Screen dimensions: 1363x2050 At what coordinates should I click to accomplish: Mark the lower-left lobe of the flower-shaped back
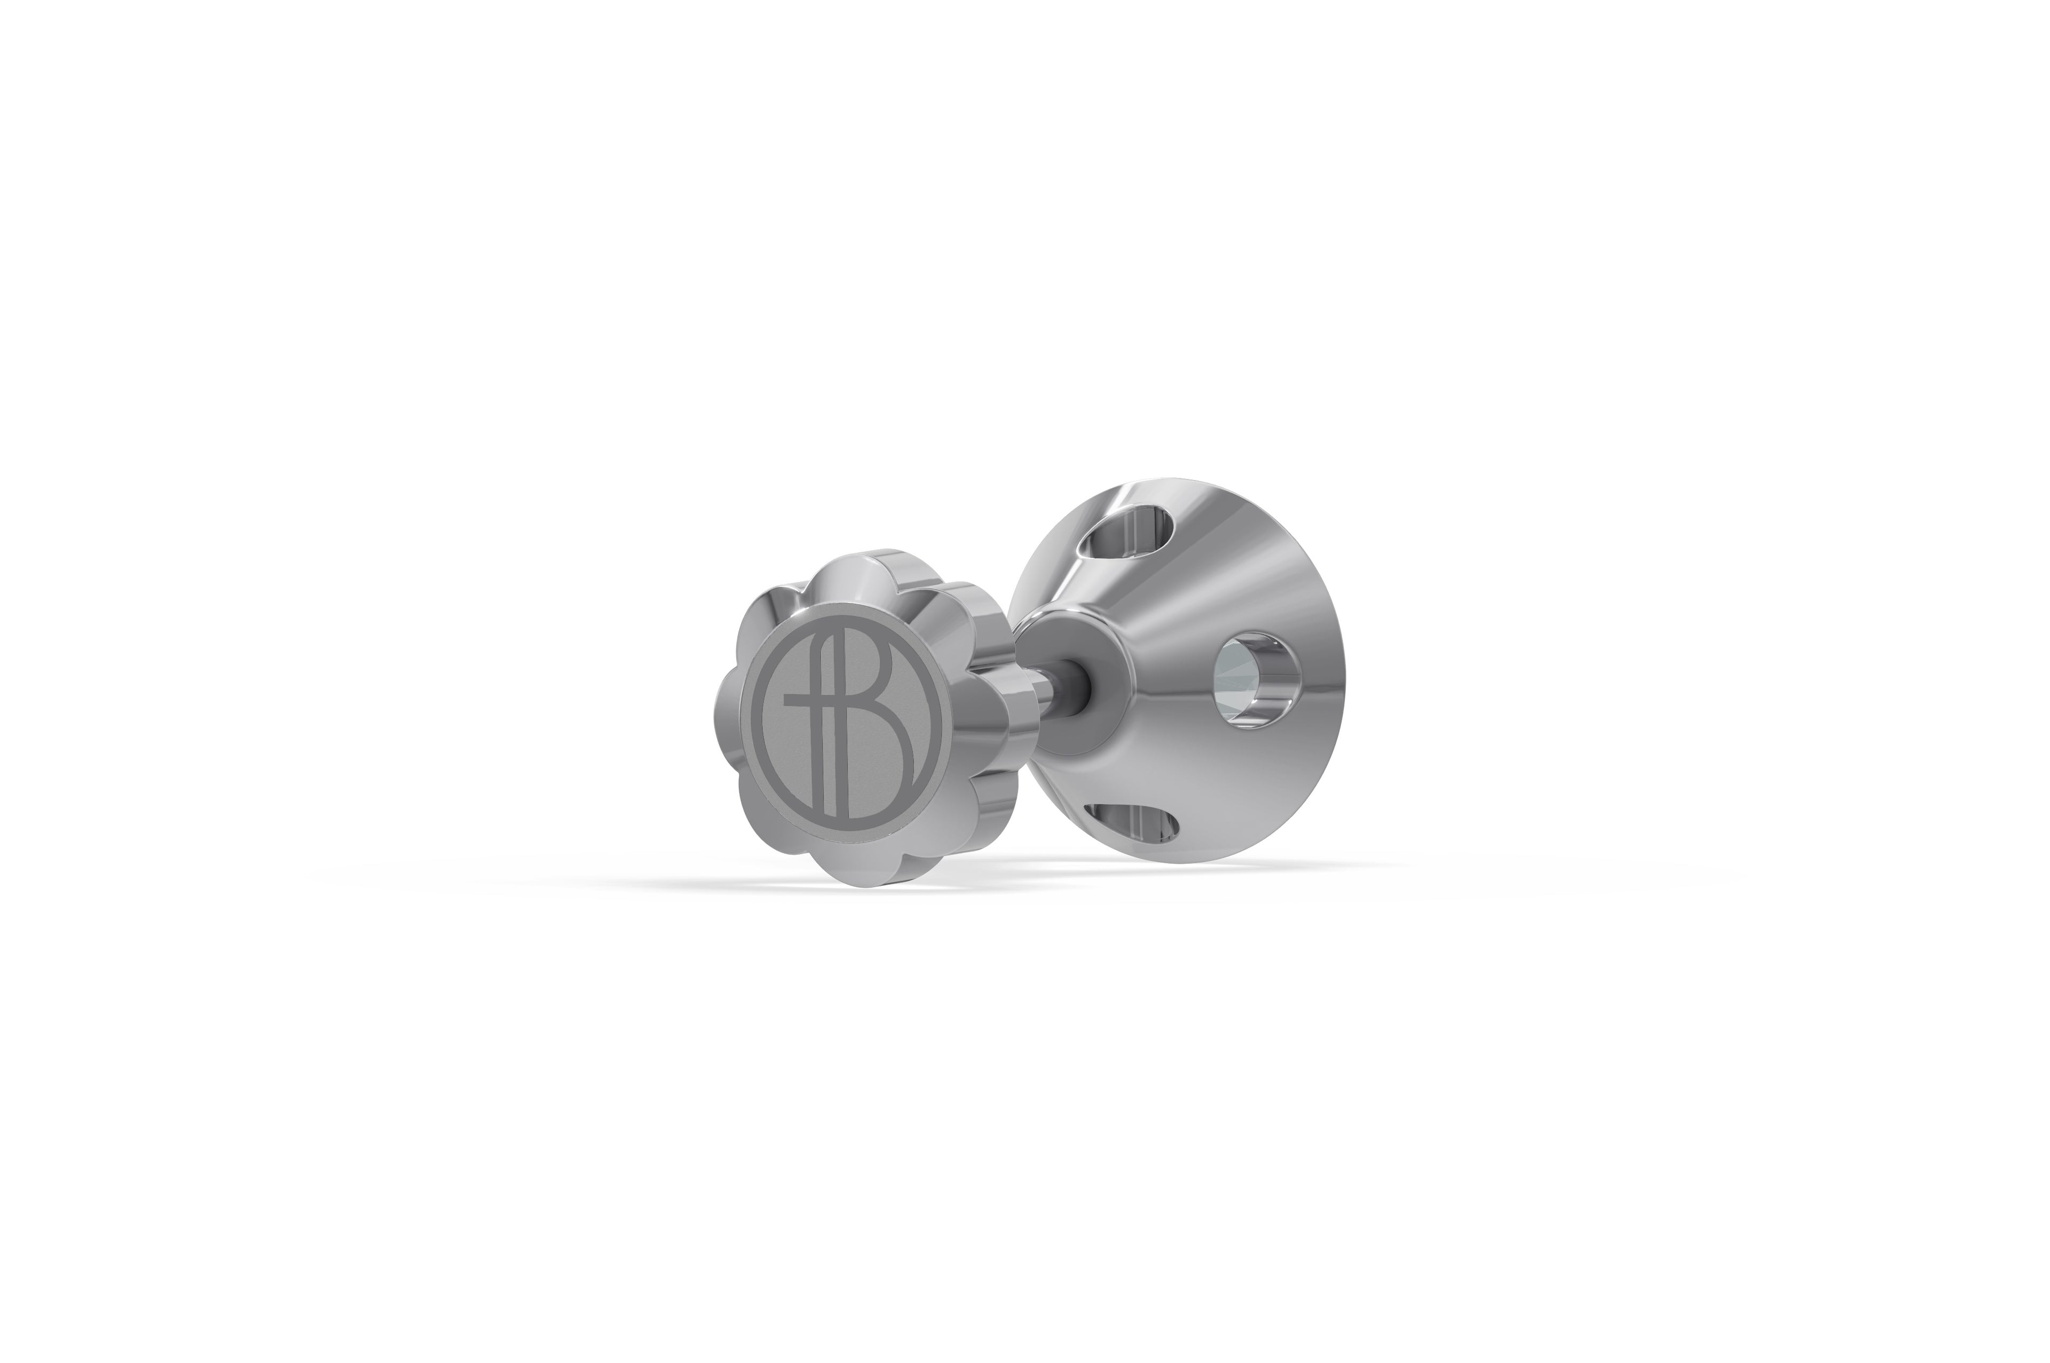pyautogui.click(x=765, y=826)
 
